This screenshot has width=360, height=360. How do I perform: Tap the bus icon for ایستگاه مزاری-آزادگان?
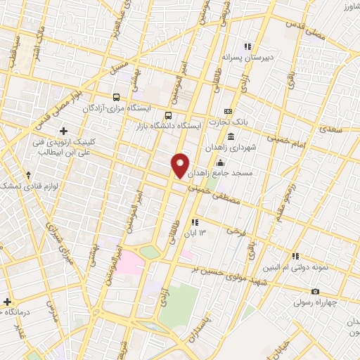[117, 98]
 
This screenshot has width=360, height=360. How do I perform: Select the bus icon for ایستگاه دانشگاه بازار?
[167, 115]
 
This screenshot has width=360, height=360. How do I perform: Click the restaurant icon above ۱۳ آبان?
[194, 223]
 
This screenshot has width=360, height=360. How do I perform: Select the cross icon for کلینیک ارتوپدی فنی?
[64, 131]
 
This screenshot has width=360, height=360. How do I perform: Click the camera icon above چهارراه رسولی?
[315, 292]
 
